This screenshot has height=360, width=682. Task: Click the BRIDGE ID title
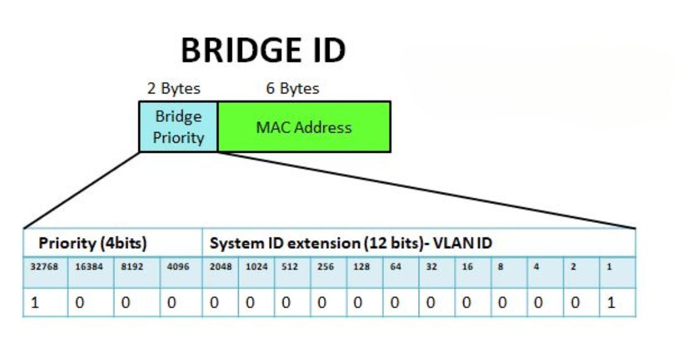coord(263,51)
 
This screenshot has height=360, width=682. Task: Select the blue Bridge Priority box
coord(178,127)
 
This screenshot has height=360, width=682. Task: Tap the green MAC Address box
coord(304,127)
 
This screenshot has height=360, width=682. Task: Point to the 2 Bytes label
coord(174,89)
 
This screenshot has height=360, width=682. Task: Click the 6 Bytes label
coord(292,89)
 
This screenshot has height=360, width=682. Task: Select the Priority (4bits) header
coord(93,243)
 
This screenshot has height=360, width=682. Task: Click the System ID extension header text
coord(350,243)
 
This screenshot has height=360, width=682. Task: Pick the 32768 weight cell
coord(45,267)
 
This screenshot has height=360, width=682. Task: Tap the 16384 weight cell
coord(90,267)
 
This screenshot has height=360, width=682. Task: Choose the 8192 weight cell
coord(135,267)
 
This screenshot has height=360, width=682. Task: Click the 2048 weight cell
coord(220,267)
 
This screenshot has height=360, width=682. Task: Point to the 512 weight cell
coord(291,267)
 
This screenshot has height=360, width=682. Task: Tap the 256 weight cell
coord(327,267)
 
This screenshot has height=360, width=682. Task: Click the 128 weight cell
coord(362,267)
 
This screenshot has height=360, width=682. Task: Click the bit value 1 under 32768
coord(35,303)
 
